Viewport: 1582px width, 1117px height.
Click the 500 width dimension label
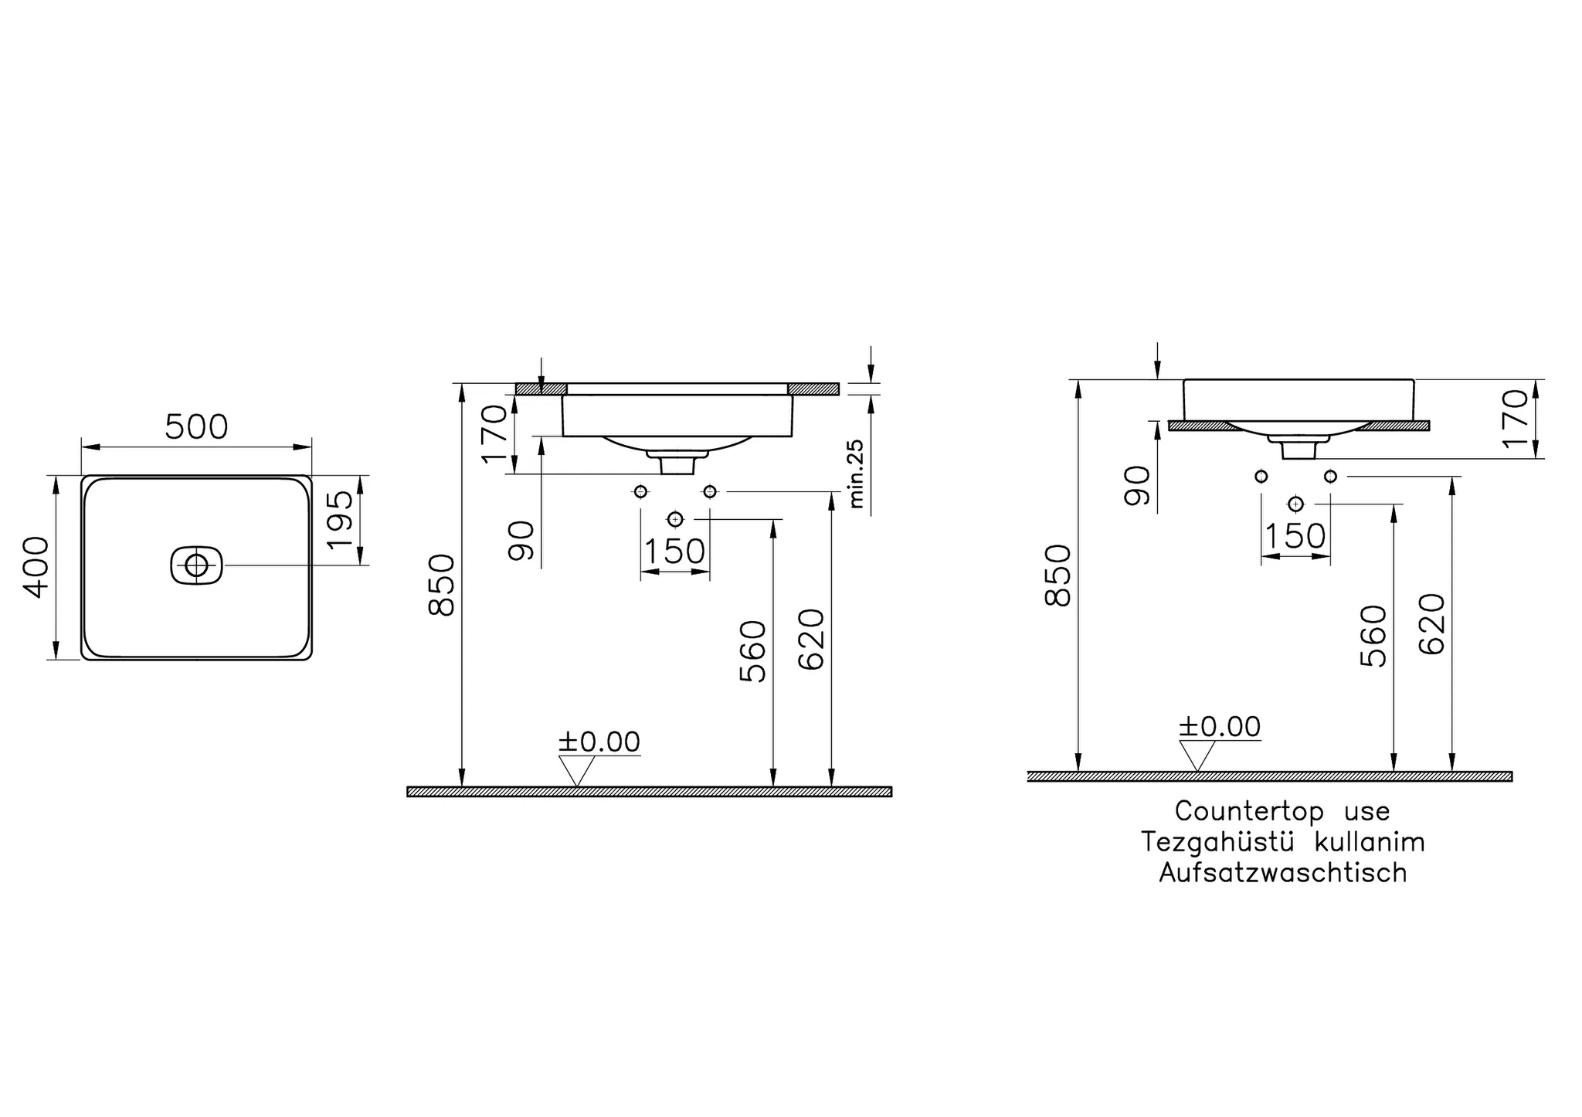196,427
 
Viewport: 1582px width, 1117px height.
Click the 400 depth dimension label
36,567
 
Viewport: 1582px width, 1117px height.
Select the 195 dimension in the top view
341,519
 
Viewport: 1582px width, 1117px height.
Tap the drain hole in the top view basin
196,565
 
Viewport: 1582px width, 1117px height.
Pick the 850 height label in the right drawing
1057,575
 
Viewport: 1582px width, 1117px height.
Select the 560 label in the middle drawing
752,651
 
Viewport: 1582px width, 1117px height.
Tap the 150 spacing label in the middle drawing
674,552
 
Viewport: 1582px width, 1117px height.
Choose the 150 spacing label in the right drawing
1295,536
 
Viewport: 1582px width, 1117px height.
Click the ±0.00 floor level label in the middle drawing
599,742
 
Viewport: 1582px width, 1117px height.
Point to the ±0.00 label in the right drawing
1220,726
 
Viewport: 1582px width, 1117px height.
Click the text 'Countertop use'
1282,811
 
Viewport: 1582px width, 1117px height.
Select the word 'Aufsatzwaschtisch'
1282,873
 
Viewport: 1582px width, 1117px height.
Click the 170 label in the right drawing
1516,418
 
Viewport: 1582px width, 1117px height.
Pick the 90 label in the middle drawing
522,540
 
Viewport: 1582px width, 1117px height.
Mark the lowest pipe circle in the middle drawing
676,518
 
